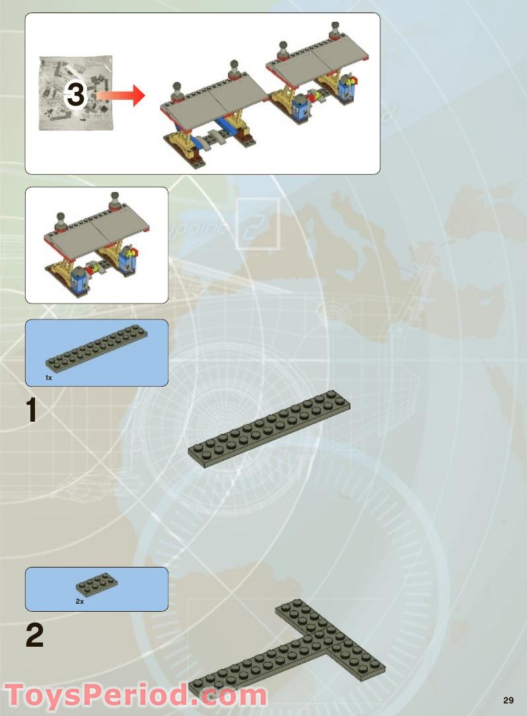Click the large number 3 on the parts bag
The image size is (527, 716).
click(x=76, y=95)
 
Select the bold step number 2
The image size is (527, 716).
click(x=35, y=635)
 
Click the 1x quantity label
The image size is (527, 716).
click(x=49, y=377)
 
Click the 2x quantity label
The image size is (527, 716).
click(x=80, y=602)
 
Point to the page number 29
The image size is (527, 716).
click(x=508, y=700)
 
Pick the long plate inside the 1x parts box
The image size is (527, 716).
click(x=96, y=348)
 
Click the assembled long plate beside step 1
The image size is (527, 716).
click(x=269, y=430)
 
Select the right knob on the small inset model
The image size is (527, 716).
click(x=114, y=200)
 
